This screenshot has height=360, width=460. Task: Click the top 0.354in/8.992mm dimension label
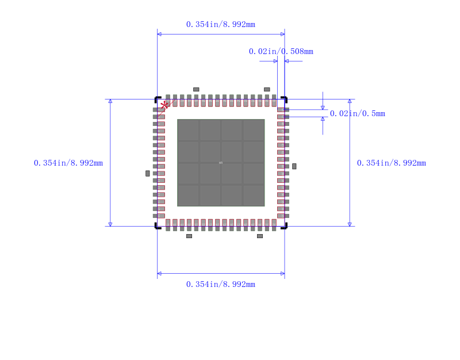coord(221,24)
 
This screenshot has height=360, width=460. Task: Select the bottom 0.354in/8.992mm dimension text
coord(221,284)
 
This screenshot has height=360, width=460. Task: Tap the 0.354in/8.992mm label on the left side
coord(68,163)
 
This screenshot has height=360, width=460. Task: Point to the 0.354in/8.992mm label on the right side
coord(392,163)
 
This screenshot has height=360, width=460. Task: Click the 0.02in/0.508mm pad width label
coord(281,52)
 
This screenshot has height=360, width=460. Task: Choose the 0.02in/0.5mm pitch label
coord(357,113)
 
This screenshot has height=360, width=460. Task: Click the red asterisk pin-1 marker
coord(164,105)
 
